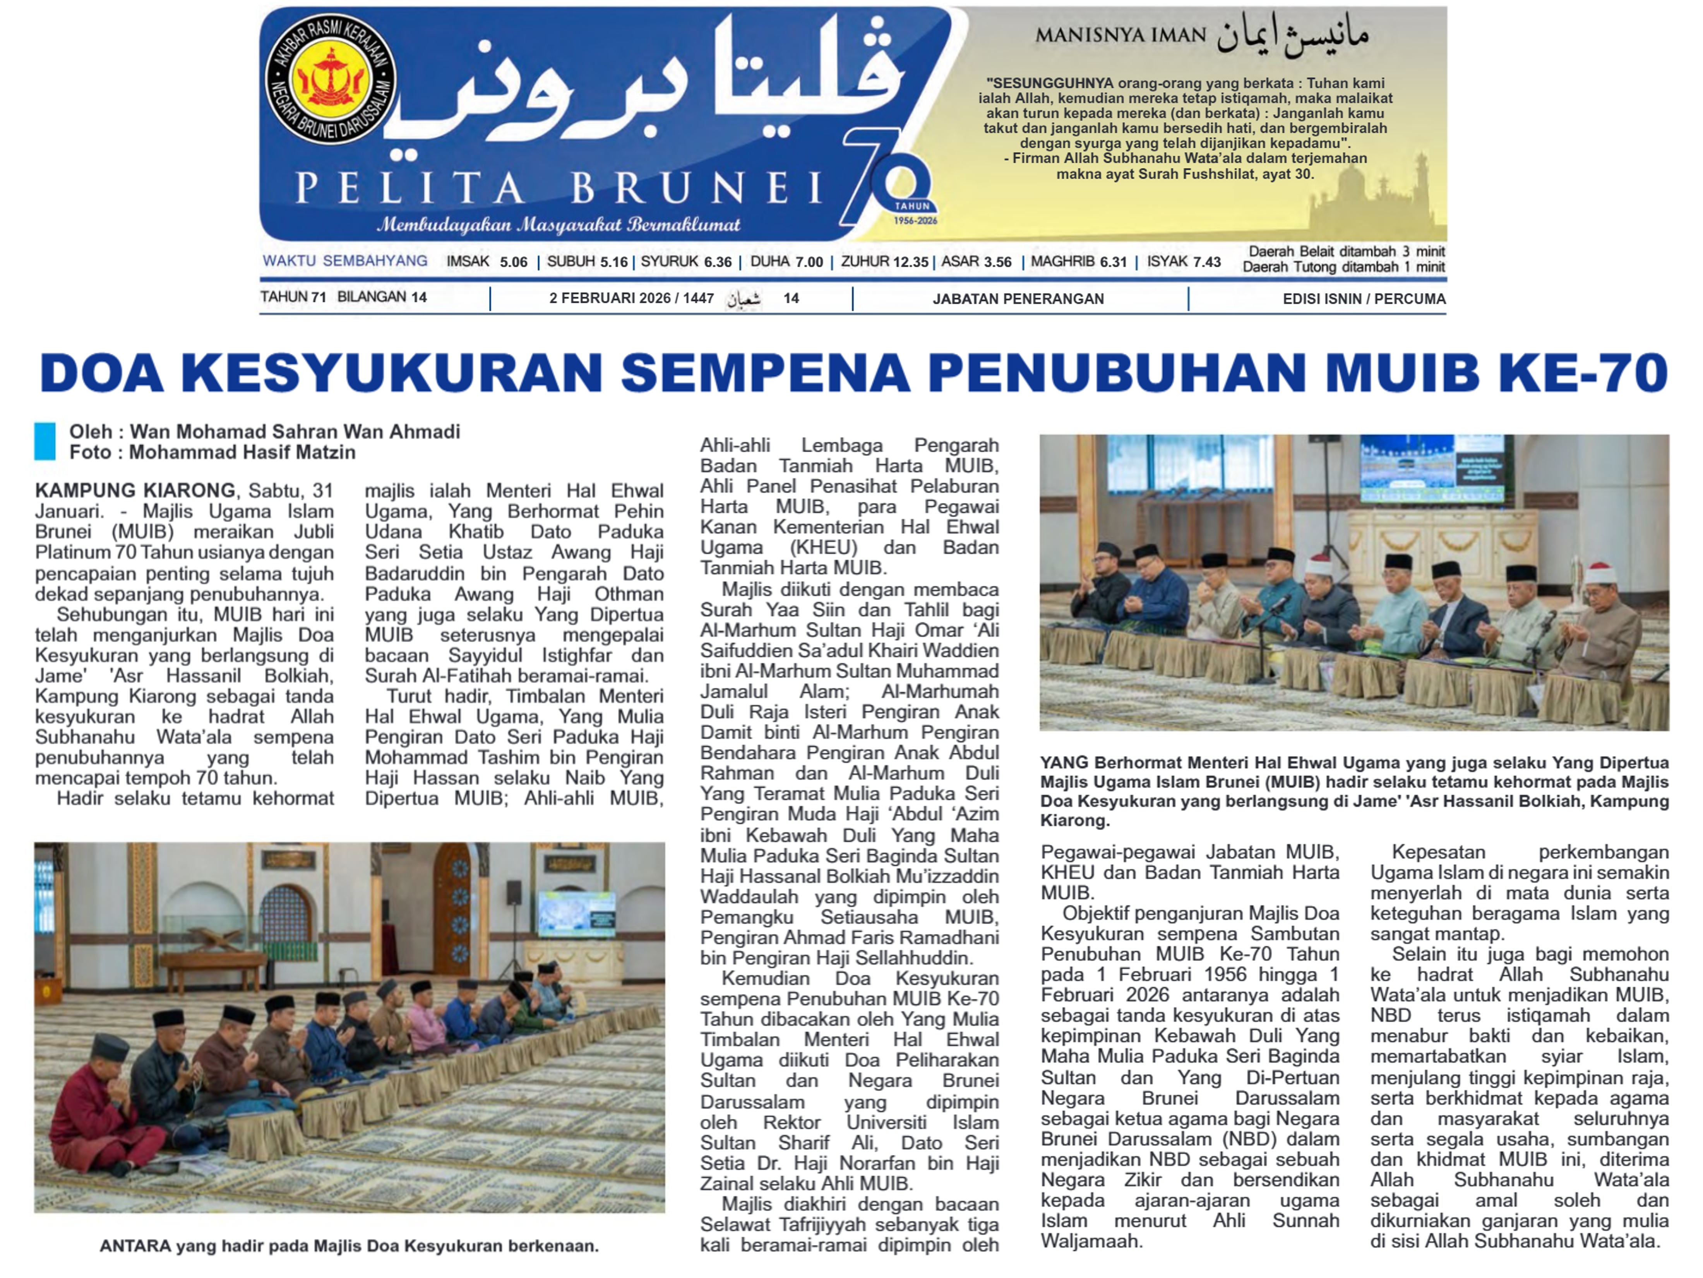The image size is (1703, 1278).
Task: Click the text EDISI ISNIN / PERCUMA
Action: (1364, 299)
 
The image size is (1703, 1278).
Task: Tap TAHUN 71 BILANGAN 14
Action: (343, 297)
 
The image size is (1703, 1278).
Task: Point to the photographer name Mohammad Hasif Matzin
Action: (242, 453)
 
